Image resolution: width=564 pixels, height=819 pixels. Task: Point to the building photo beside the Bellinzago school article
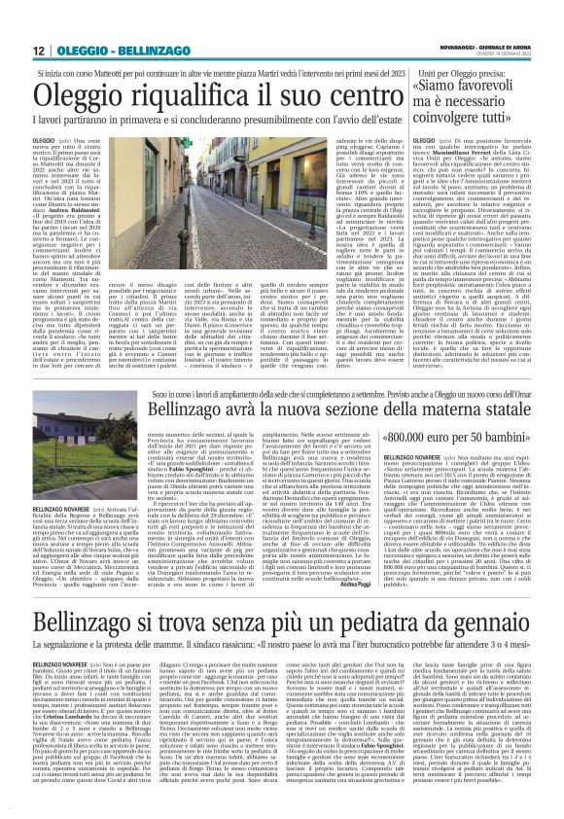(x=69, y=432)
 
